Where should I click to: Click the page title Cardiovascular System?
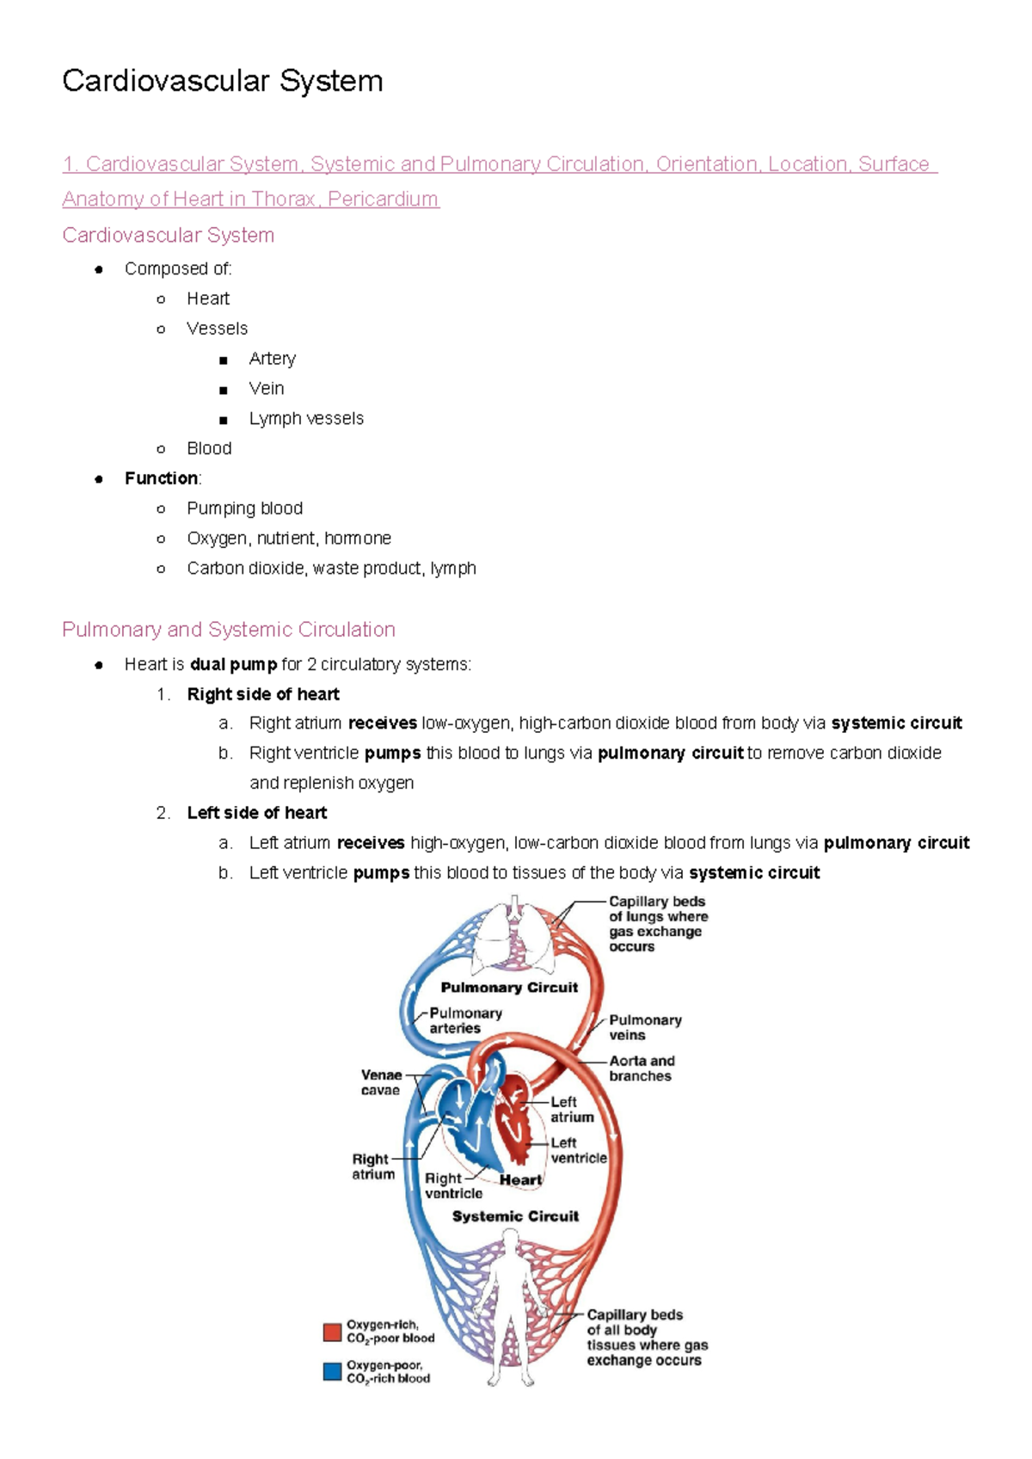pos(223,81)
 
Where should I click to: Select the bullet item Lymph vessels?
pos(306,418)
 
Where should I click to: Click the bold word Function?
pos(161,478)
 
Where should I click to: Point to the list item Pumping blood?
pos(244,508)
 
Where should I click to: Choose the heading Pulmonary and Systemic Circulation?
pos(229,630)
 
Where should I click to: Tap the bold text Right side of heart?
pos(263,694)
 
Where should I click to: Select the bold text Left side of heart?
pos(257,813)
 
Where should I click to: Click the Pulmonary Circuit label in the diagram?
pos(509,988)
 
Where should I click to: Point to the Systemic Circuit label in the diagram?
pos(515,1216)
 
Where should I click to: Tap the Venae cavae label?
pos(381,1082)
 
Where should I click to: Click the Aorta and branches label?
pos(642,1068)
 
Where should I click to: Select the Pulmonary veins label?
pos(645,1027)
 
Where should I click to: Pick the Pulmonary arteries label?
pos(465,1020)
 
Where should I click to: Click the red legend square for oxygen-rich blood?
pos(332,1332)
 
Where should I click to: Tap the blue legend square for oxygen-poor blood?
pos(332,1371)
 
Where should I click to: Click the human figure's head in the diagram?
pos(510,1240)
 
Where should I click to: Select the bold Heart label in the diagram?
pos(520,1180)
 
